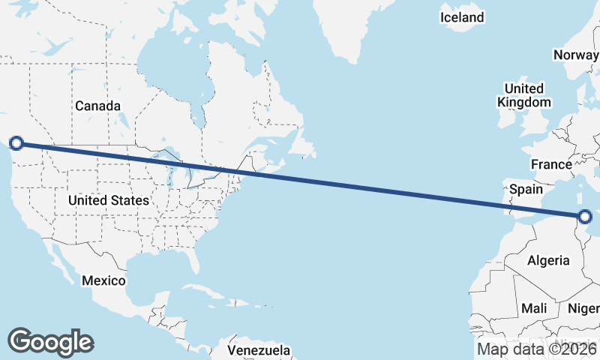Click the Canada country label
tap(97, 106)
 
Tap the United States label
tap(108, 200)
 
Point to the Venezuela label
tap(259, 350)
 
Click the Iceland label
tap(462, 17)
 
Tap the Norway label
tap(575, 55)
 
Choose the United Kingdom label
tap(524, 95)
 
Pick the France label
tap(551, 164)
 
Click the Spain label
tap(526, 190)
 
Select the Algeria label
tap(549, 261)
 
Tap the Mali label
tap(534, 308)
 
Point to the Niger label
tap(584, 308)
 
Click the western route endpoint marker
tap(16, 142)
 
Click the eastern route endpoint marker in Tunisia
tap(585, 217)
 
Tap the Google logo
tap(50, 341)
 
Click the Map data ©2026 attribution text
tap(536, 349)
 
